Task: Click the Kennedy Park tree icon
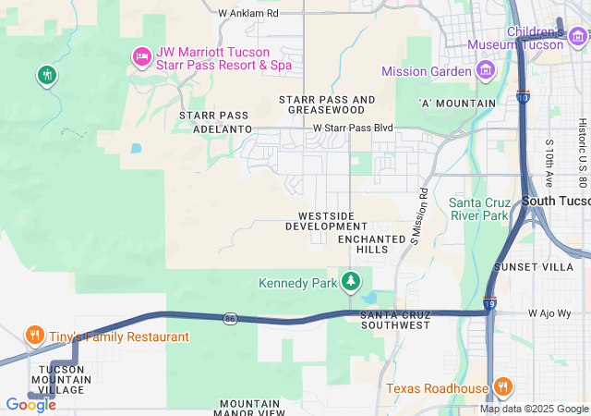pyautogui.click(x=351, y=281)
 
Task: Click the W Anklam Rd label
pyautogui.click(x=247, y=14)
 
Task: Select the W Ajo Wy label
pyautogui.click(x=550, y=313)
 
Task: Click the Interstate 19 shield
pyautogui.click(x=488, y=302)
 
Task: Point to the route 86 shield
pyautogui.click(x=230, y=318)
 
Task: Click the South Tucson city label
pyautogui.click(x=555, y=201)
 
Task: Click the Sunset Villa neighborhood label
pyautogui.click(x=547, y=266)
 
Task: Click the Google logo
pyautogui.click(x=30, y=404)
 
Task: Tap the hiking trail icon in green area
pyautogui.click(x=46, y=74)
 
